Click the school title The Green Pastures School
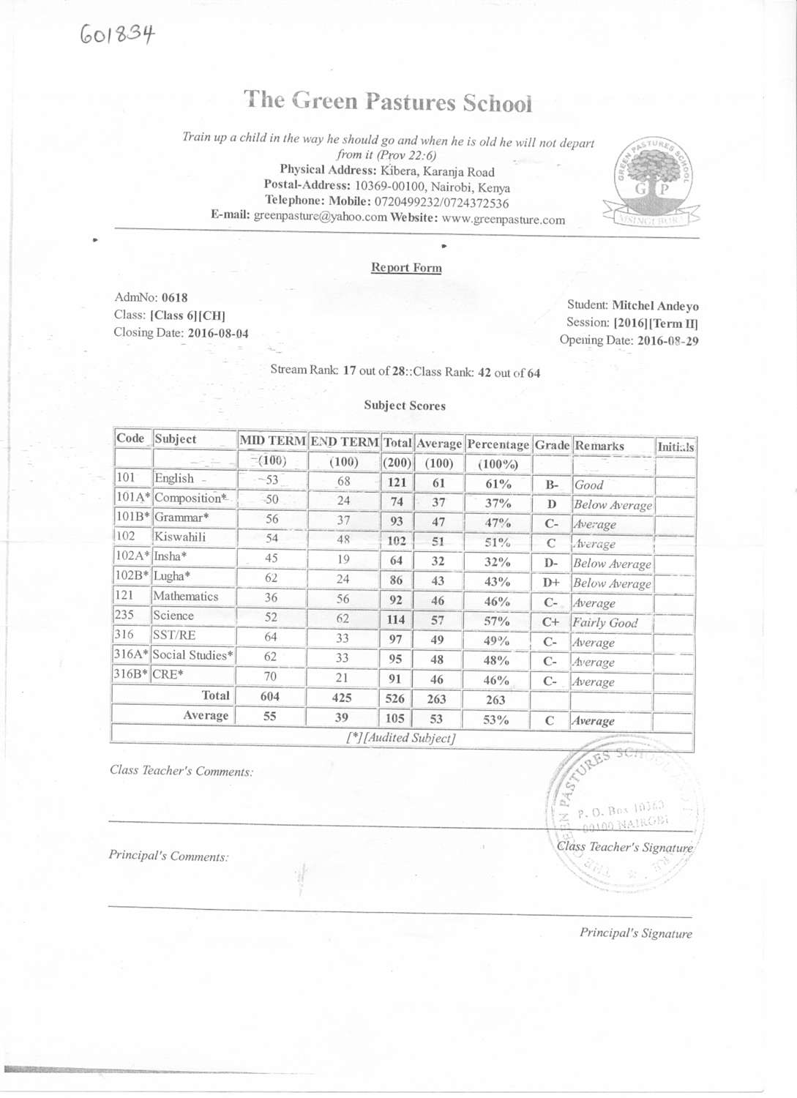388,102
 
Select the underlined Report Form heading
406,268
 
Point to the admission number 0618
174,298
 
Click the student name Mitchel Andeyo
655,306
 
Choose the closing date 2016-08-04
218,334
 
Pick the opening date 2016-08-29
667,341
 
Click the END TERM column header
344,442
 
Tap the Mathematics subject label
186,597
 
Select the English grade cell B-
552,485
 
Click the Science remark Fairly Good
605,623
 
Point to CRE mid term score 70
271,676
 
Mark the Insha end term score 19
343,559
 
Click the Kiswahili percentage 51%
497,543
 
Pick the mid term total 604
270,697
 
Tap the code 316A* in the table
132,654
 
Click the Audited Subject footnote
401,738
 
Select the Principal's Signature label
635,933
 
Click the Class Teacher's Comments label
182,771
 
